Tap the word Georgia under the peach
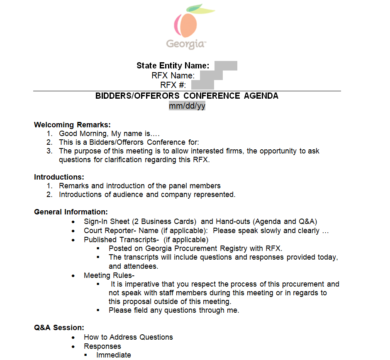tap(185, 44)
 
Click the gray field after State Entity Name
tap(226, 66)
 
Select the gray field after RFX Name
tap(211, 75)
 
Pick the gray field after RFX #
tap(202, 85)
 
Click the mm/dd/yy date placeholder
tap(187, 106)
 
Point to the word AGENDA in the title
tap(261, 96)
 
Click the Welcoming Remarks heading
tap(72, 125)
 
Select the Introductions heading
tap(59, 177)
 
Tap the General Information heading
tap(71, 212)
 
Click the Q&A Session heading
tap(59, 328)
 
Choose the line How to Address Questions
tap(128, 337)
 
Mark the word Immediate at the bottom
tap(114, 355)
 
